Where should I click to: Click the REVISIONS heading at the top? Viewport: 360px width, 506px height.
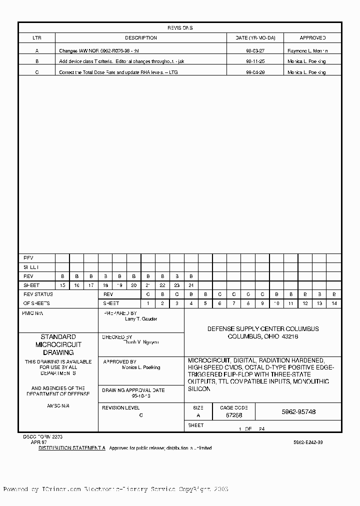point(179,28)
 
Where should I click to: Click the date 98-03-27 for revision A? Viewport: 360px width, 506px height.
point(255,51)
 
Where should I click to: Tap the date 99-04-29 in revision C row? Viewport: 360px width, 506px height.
point(255,72)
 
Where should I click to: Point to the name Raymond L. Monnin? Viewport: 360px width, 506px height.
point(307,51)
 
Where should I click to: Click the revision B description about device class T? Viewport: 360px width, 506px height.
point(124,61)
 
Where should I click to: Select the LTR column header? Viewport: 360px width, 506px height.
point(37,38)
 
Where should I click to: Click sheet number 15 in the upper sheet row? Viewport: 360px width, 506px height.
point(62,285)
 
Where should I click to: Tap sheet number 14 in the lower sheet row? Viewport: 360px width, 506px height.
point(334,303)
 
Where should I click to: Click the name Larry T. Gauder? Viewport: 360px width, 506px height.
point(140,319)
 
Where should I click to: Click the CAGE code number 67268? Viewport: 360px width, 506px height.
point(234,415)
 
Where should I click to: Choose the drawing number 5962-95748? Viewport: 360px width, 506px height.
point(298,412)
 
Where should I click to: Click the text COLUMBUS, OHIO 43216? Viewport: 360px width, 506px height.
point(263,336)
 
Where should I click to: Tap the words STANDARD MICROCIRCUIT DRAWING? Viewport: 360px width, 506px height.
point(58,345)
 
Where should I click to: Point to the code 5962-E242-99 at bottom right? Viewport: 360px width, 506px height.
point(308,442)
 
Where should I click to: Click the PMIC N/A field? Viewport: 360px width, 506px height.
point(33,312)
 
